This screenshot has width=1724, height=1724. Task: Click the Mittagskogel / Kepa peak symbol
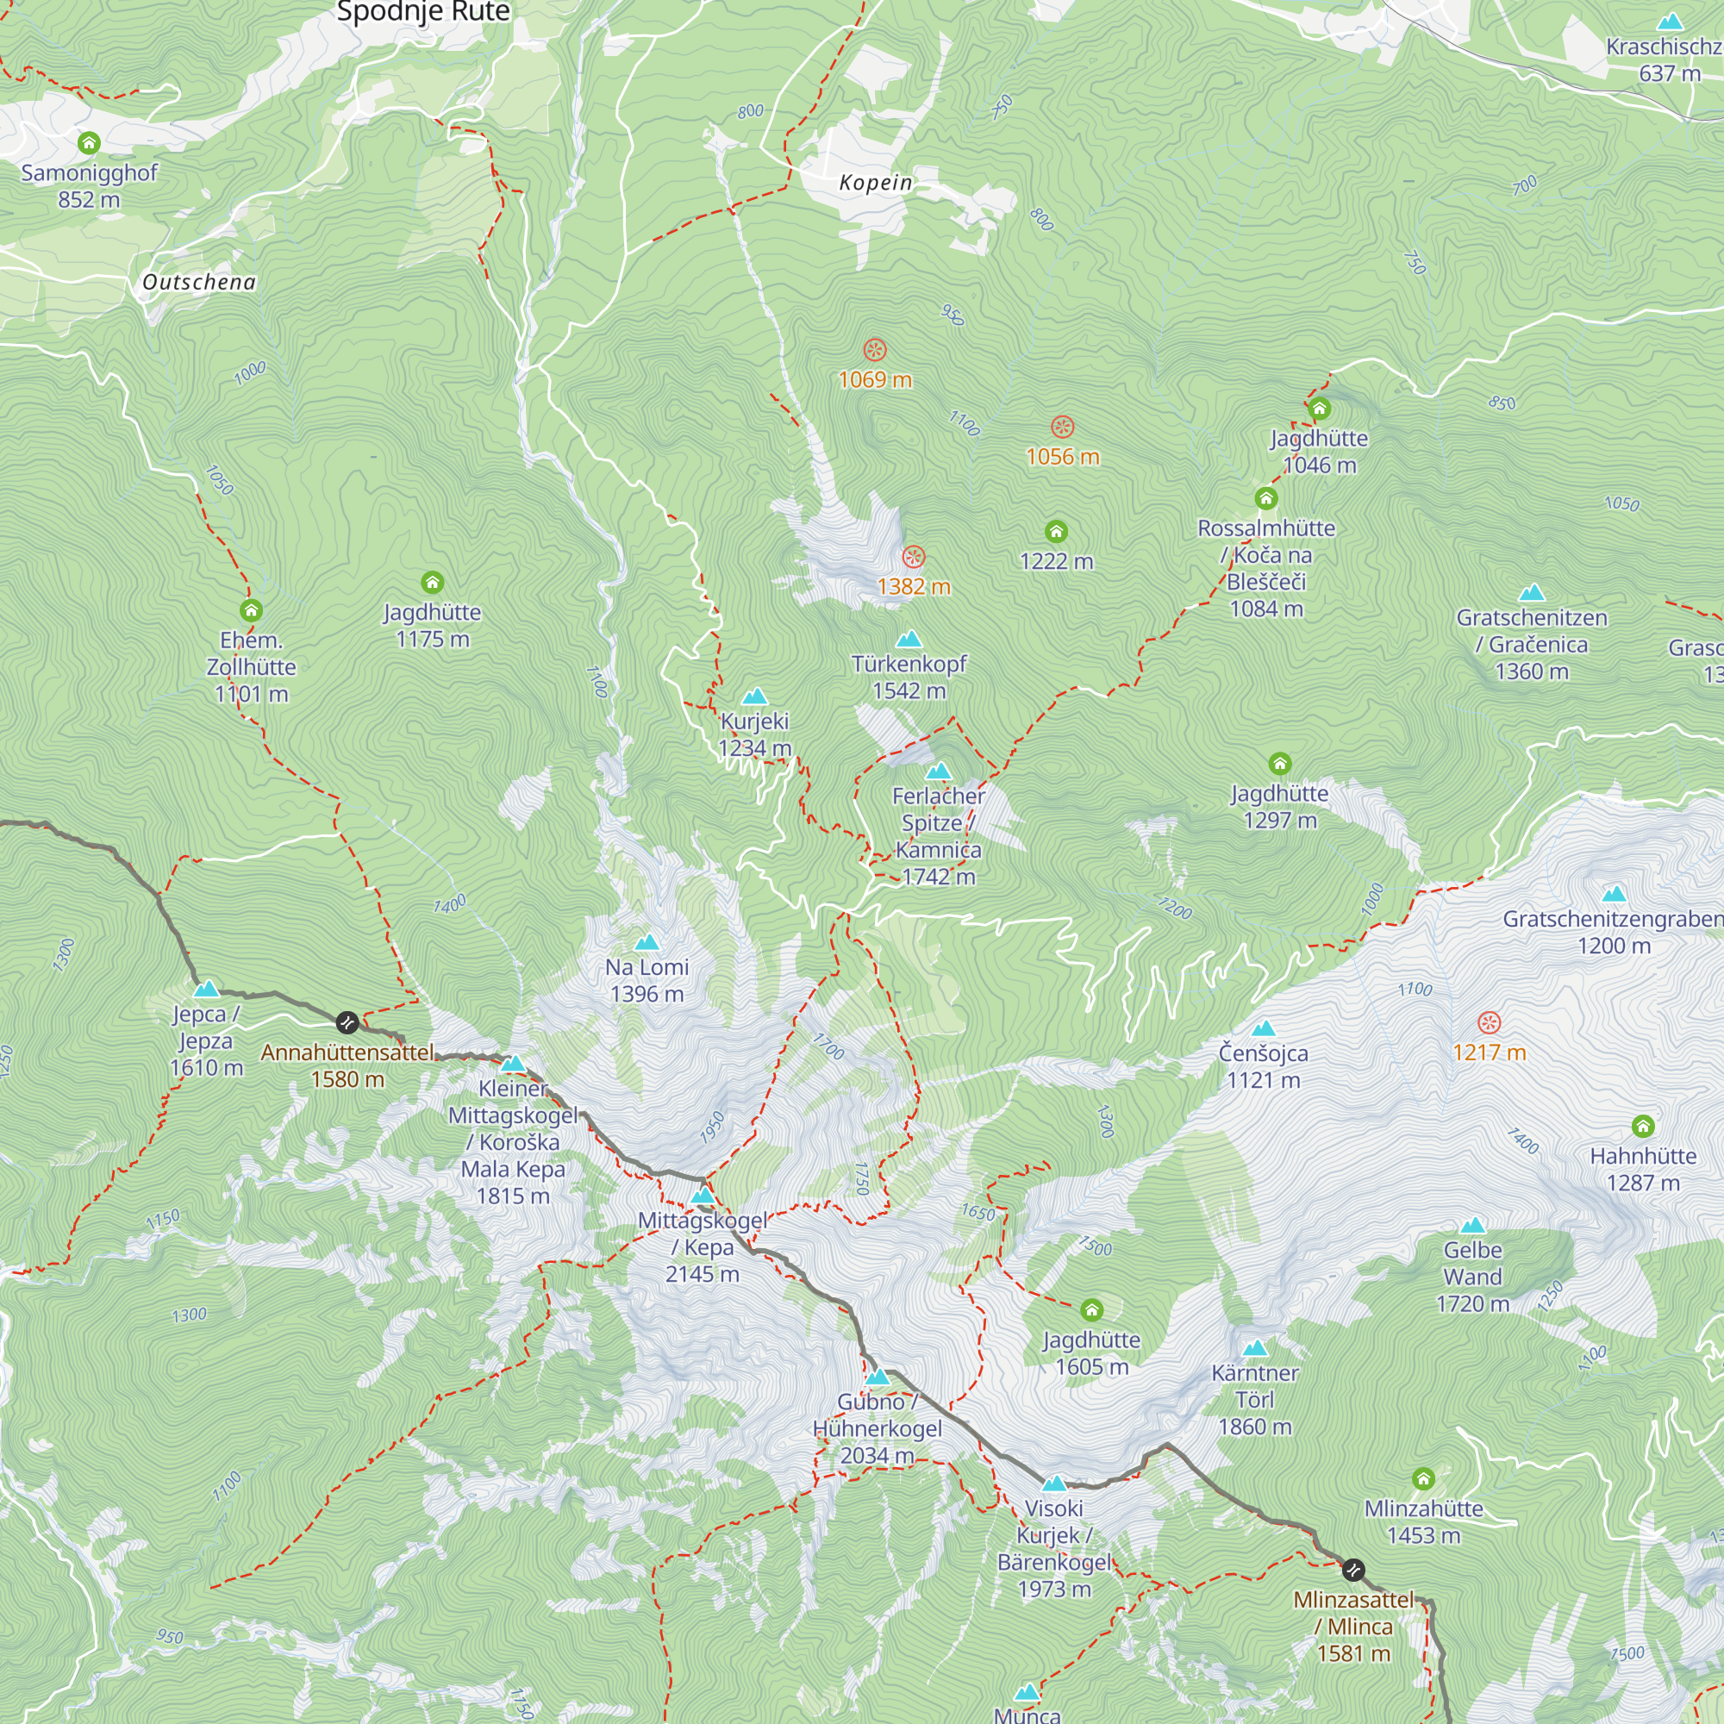pos(703,1196)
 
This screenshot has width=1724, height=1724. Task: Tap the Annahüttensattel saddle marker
pos(347,1022)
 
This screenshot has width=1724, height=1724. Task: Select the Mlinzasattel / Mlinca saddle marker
pos(1352,1570)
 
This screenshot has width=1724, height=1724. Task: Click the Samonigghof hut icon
pos(88,143)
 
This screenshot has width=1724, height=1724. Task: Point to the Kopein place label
pos(876,183)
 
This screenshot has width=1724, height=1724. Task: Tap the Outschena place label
pos(199,282)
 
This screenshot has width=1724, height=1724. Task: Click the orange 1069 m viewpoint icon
pos(874,350)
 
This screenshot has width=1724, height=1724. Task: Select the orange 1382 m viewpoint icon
pos(913,558)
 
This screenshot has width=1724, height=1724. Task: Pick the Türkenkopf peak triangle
pos(909,639)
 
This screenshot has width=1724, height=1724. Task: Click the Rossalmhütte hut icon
pos(1265,498)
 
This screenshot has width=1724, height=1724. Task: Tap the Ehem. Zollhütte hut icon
pos(251,610)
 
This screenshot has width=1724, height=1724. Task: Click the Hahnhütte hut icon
pos(1643,1126)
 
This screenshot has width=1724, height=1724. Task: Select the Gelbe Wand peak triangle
pos(1472,1225)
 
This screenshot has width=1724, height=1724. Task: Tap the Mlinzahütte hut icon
pos(1423,1478)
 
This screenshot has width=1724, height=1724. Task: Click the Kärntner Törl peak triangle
pos(1254,1347)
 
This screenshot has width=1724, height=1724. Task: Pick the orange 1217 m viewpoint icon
pos(1489,1022)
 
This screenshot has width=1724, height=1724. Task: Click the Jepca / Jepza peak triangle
pos(206,989)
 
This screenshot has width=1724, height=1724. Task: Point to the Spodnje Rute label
pos(423,11)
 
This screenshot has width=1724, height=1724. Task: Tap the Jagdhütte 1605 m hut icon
pos(1091,1310)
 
